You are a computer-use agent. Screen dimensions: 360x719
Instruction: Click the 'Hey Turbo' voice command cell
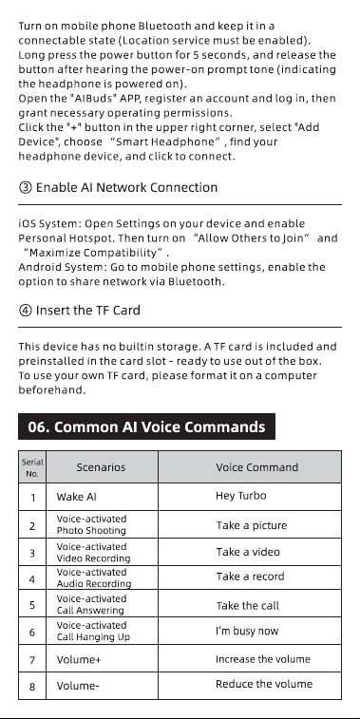tap(240, 496)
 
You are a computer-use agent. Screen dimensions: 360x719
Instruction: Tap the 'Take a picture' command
tap(252, 525)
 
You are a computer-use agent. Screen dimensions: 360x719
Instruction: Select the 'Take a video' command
tap(248, 552)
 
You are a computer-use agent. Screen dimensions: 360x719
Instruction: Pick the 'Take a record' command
tap(250, 577)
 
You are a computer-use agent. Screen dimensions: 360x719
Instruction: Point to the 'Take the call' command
tap(247, 605)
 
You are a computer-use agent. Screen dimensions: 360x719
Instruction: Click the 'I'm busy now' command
tap(247, 631)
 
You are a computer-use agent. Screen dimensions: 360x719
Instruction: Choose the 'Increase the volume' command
tap(263, 659)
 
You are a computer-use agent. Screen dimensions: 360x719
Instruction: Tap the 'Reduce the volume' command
tap(264, 684)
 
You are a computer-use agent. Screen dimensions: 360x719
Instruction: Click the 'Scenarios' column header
tap(101, 467)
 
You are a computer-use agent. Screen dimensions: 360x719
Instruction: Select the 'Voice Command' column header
tap(256, 467)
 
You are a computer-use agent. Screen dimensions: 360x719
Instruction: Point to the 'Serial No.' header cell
tap(32, 467)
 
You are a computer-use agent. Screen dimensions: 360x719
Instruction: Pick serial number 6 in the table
tap(32, 633)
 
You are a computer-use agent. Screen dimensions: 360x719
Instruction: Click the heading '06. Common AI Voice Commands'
tap(146, 426)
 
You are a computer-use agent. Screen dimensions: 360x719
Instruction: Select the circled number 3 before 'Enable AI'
tap(25, 187)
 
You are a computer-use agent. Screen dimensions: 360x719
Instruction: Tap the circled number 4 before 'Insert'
tap(25, 311)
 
